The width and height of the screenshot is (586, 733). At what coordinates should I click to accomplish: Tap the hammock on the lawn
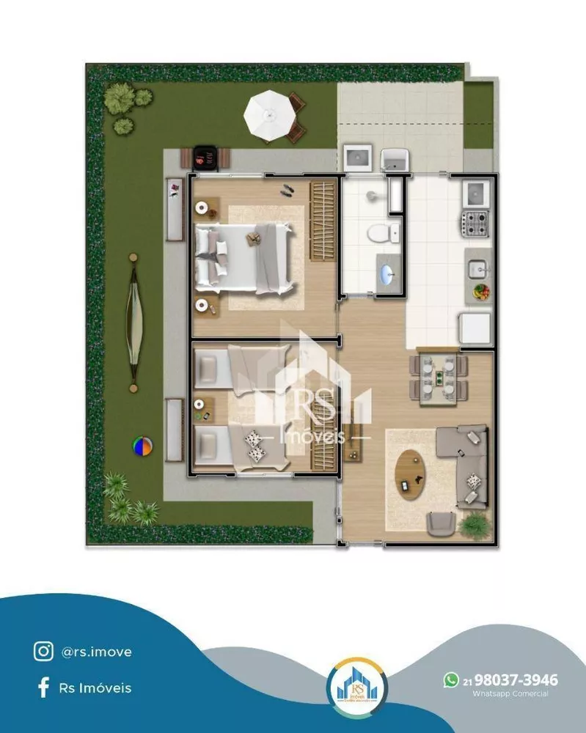coord(133,323)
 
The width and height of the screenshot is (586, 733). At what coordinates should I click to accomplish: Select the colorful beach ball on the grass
coord(142,446)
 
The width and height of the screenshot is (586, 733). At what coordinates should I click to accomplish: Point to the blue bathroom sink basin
coord(387,274)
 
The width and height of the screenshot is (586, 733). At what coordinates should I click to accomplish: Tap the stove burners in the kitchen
coord(475,222)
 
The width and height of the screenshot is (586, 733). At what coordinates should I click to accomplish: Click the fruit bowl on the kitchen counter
coord(481,291)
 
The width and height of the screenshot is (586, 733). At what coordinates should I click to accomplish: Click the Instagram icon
coord(43,650)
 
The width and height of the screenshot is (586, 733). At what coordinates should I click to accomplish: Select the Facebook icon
coord(43,687)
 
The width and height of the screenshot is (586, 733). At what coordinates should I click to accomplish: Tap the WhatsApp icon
coord(451,680)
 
